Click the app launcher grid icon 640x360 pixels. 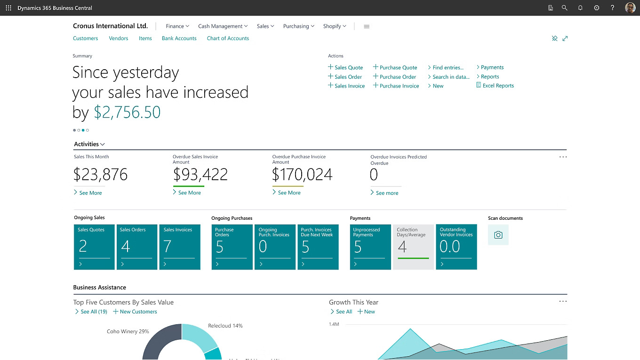pyautogui.click(x=8, y=8)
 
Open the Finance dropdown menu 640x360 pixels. pyautogui.click(x=177, y=26)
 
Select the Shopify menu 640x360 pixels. pyautogui.click(x=334, y=26)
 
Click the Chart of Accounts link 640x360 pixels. pyautogui.click(x=228, y=39)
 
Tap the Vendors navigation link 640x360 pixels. pyautogui.click(x=119, y=39)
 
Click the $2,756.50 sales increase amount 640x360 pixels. pyautogui.click(x=127, y=112)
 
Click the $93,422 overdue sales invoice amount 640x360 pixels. pyautogui.click(x=200, y=175)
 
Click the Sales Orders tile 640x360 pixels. pyautogui.click(x=137, y=247)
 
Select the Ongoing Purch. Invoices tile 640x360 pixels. pyautogui.click(x=275, y=247)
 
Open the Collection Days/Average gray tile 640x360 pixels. pyautogui.click(x=413, y=247)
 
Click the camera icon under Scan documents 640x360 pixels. pyautogui.click(x=498, y=235)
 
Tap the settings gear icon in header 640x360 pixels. pyautogui.click(x=596, y=8)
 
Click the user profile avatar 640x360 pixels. pyautogui.click(x=630, y=8)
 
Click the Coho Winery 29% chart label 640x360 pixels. pyautogui.click(x=128, y=332)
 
